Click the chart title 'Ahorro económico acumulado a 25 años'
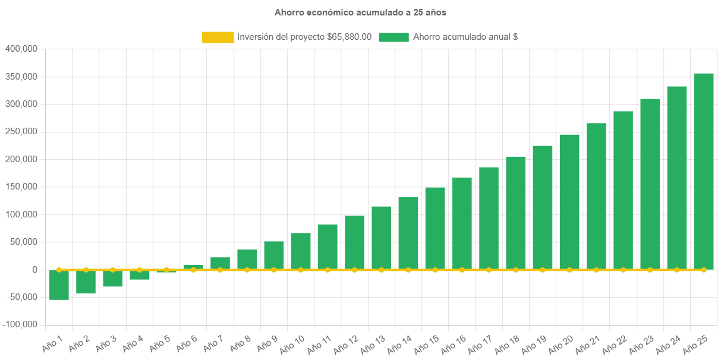360,12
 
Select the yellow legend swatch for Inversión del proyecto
218,37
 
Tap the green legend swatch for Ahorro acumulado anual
393,37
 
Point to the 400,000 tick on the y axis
21,49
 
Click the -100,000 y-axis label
20,324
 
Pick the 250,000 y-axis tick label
21,131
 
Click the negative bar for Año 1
59,285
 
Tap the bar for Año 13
381,238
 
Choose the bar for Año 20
569,202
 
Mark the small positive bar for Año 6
193,267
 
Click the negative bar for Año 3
112,279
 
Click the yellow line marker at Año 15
435,270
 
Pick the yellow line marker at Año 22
623,270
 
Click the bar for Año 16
462,223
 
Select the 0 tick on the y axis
35,270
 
